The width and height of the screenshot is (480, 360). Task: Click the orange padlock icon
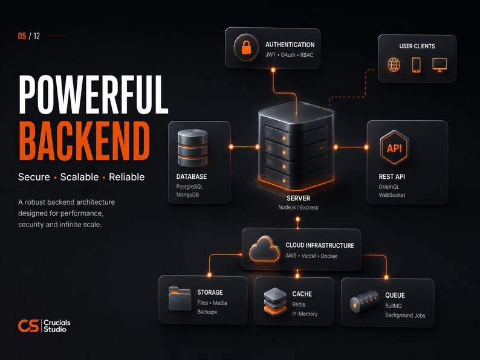click(x=246, y=48)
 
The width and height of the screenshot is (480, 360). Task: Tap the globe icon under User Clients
click(x=394, y=65)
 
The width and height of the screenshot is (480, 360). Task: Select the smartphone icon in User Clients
click(x=416, y=65)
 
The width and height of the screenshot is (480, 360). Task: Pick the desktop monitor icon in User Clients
click(x=439, y=65)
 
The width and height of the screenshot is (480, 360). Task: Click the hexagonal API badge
click(x=394, y=148)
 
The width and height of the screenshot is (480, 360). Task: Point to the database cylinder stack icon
click(x=193, y=148)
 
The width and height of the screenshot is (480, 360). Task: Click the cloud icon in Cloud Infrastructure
click(x=265, y=249)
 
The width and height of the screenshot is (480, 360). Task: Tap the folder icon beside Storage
click(x=180, y=298)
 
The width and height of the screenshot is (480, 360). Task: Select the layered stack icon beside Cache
click(x=275, y=301)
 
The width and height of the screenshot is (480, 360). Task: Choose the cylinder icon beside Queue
click(x=365, y=301)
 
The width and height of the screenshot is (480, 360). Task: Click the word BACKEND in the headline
click(x=85, y=141)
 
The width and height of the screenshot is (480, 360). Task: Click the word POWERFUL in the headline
click(x=93, y=94)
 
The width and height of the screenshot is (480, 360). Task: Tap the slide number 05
click(x=22, y=36)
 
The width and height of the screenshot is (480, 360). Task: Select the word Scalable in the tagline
click(x=79, y=177)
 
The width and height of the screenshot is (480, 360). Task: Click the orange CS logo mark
click(x=28, y=326)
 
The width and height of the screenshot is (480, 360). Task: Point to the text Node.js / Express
click(x=298, y=207)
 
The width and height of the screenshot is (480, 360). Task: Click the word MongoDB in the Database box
click(x=187, y=195)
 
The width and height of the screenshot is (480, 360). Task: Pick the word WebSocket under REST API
click(x=392, y=195)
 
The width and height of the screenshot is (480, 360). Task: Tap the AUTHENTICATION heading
click(x=290, y=45)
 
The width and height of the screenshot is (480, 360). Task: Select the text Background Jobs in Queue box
click(x=405, y=315)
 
